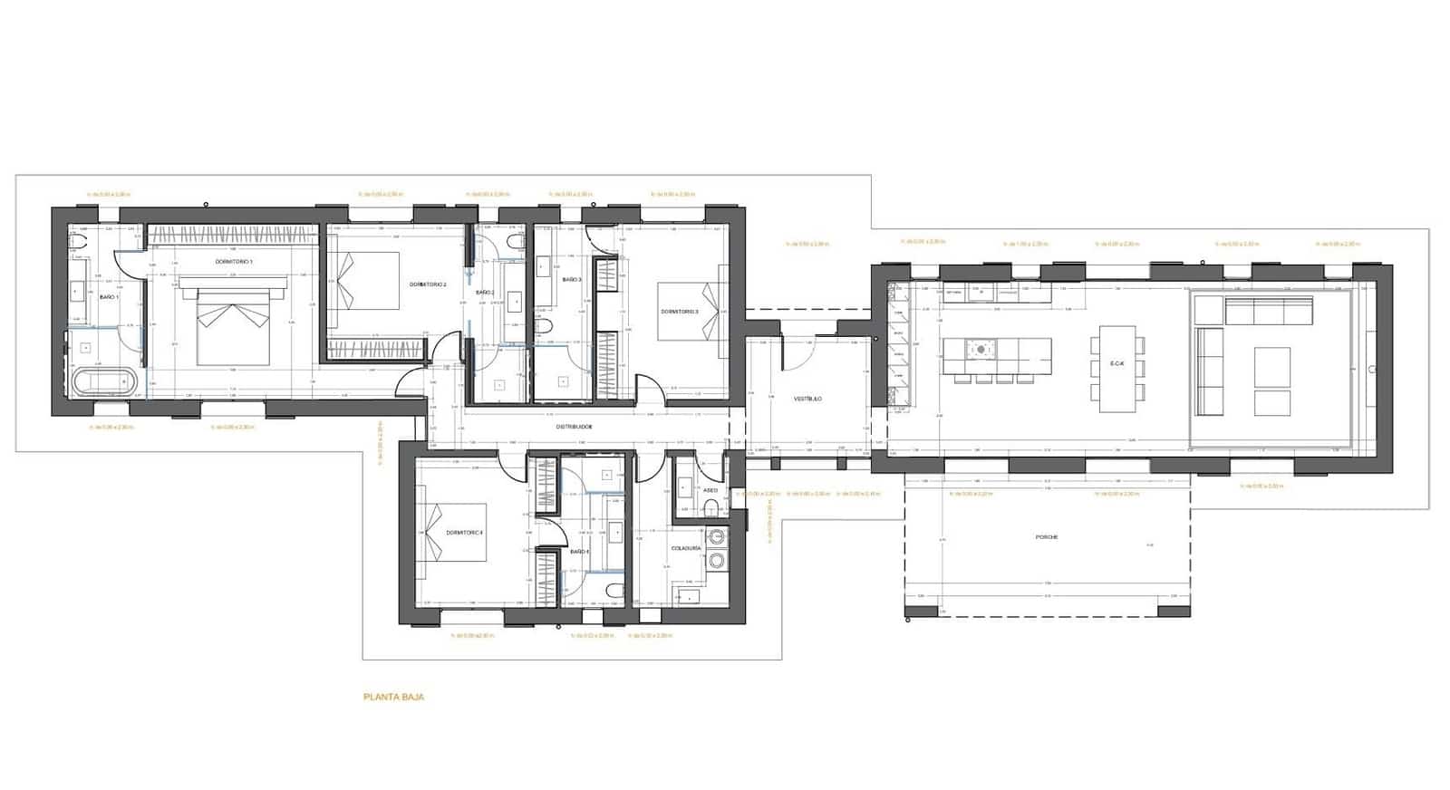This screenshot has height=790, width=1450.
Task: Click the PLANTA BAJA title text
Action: [x=393, y=697]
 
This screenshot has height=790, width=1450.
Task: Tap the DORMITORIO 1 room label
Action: [x=234, y=261]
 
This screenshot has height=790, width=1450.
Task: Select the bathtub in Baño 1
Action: [x=106, y=382]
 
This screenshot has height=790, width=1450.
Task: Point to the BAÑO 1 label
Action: [x=109, y=297]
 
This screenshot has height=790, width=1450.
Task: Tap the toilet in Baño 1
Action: [x=77, y=243]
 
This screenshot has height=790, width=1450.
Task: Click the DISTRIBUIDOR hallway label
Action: [x=574, y=426]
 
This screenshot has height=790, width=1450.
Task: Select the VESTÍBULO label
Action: [x=807, y=399]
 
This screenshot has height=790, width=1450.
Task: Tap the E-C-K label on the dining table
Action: [x=1116, y=364]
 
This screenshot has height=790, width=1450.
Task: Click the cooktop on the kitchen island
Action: [x=980, y=348]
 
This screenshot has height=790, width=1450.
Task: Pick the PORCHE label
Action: [x=1047, y=537]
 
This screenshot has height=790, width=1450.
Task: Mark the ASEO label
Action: [x=710, y=490]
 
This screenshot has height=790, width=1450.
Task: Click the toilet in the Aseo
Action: [x=712, y=506]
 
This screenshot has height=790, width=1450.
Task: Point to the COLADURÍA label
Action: [x=685, y=548]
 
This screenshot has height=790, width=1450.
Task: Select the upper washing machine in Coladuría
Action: [x=718, y=536]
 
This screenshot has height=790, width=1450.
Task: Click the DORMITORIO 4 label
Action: [x=465, y=533]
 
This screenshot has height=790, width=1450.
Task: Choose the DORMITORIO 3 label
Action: [x=680, y=312]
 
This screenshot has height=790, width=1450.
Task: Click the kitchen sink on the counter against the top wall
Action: [x=979, y=292]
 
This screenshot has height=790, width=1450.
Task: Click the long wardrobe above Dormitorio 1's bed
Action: [x=232, y=234]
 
